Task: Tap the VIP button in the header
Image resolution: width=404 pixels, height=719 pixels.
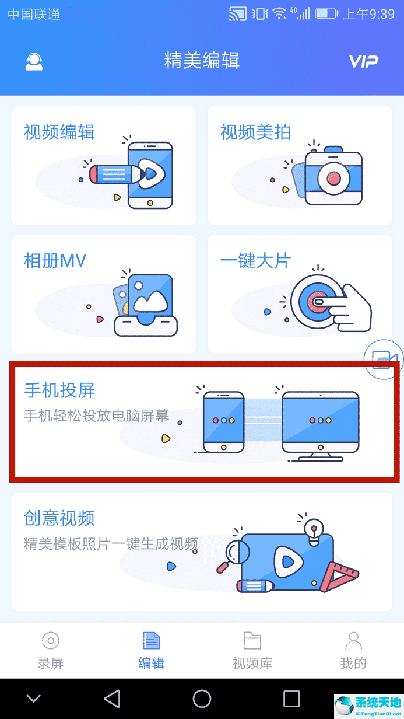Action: coord(363,61)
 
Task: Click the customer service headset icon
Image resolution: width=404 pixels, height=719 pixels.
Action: coord(34,62)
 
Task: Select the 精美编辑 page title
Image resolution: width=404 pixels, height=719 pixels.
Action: coord(202,61)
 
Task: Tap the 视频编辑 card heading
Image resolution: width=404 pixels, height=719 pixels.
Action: coord(59,132)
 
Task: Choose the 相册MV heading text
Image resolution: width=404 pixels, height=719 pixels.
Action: coord(55,261)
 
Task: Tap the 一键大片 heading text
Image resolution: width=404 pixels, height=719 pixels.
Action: coord(255,261)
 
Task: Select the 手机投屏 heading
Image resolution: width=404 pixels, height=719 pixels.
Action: coord(59,390)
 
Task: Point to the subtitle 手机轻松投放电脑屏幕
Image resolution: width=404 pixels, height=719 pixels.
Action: coord(97,416)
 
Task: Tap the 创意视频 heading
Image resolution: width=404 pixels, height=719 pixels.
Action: coord(59,518)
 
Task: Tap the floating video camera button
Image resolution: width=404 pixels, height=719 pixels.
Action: coord(384,359)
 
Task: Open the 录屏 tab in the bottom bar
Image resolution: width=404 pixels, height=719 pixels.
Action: coord(51,650)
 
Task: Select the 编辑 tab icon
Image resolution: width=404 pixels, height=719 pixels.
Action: coord(152,641)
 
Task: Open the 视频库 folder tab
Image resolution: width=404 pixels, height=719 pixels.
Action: coord(252,650)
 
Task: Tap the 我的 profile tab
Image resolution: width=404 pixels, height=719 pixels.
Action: coord(353,650)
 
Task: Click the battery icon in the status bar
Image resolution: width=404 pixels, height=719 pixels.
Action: coord(326,13)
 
